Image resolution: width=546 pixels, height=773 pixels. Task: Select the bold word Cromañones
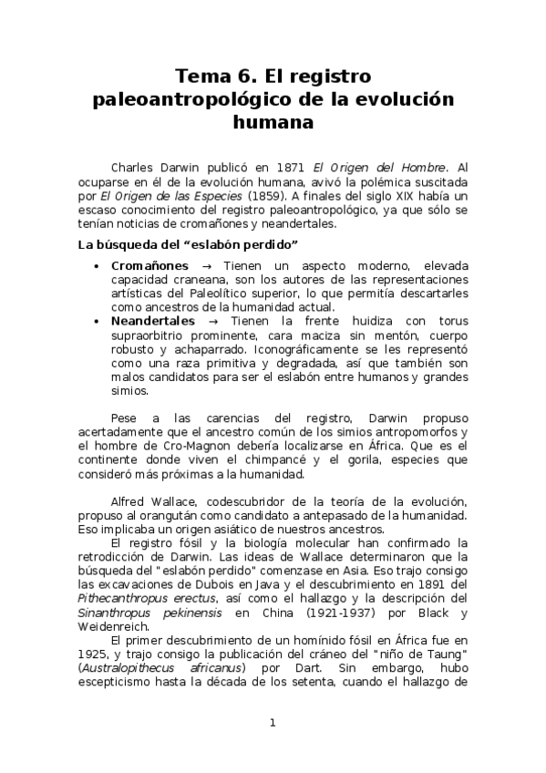(149, 264)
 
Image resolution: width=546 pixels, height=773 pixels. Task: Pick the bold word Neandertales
(153, 322)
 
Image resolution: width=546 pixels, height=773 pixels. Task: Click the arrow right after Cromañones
(208, 264)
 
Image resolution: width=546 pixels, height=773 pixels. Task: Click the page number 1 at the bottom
(273, 724)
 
